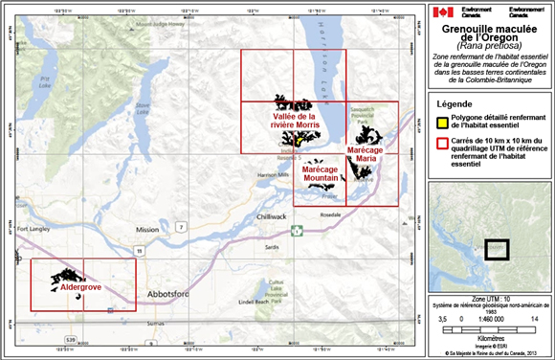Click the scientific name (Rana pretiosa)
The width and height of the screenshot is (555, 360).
click(488, 45)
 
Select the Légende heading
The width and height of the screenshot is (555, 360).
click(456, 102)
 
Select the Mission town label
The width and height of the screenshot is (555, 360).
click(147, 230)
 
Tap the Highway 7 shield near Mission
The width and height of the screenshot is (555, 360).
click(180, 226)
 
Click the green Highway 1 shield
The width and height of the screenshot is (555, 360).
click(297, 230)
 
